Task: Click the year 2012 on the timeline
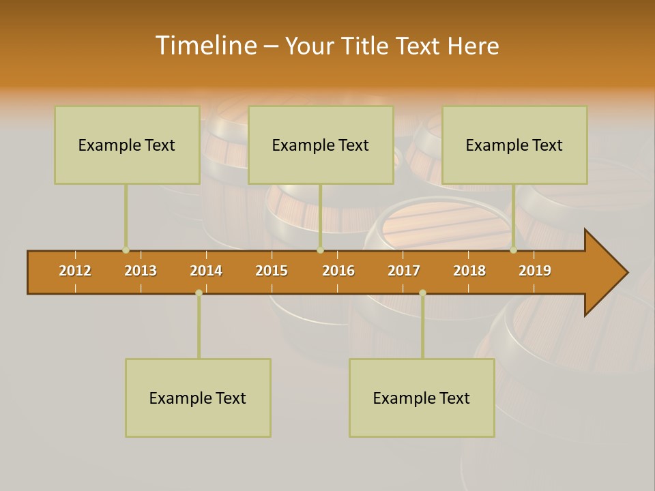click(x=75, y=271)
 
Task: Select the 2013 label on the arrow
click(x=141, y=271)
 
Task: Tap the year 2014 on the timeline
click(x=206, y=271)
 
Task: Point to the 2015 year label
click(x=272, y=271)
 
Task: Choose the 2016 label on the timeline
click(x=338, y=271)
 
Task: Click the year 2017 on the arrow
click(x=404, y=271)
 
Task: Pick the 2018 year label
click(x=469, y=271)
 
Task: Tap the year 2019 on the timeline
click(x=535, y=271)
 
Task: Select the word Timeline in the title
click(x=205, y=46)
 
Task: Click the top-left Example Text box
click(x=127, y=145)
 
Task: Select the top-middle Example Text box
click(x=321, y=145)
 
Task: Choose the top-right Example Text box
click(x=514, y=145)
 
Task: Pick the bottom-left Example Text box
click(x=198, y=398)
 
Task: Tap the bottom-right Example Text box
click(x=422, y=398)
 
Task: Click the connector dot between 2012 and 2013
click(x=126, y=250)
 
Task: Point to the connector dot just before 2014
click(x=199, y=293)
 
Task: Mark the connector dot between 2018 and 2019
click(x=513, y=250)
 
